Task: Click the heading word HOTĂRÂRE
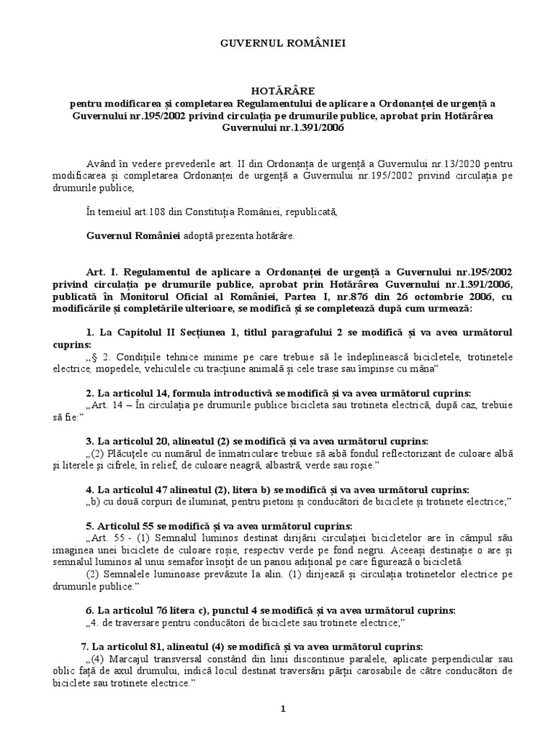click(276, 92)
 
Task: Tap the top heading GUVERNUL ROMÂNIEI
click(276, 44)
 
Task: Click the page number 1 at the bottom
click(284, 709)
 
